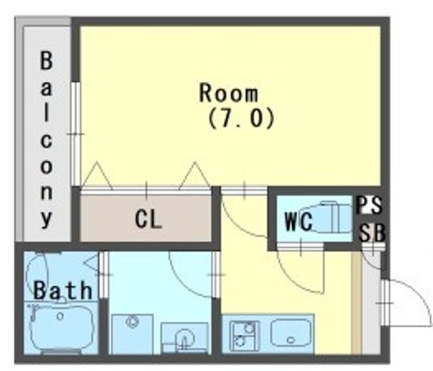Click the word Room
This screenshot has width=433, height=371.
229,92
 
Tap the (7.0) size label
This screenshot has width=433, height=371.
240,118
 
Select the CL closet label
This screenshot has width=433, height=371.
148,219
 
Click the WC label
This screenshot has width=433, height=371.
298,222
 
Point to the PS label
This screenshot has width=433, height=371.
370,204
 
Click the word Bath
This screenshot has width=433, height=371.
63,290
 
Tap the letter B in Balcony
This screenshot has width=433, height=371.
46,60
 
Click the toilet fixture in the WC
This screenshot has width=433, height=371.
333,217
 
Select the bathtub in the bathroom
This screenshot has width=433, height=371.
61,327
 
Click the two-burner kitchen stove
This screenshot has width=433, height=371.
245,336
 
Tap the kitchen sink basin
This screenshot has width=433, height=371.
291,333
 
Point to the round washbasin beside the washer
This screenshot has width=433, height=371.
184,337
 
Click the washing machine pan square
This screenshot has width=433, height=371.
132,334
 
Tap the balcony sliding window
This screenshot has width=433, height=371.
75,134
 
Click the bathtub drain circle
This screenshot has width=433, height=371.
60,317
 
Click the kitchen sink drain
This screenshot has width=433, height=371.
291,340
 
